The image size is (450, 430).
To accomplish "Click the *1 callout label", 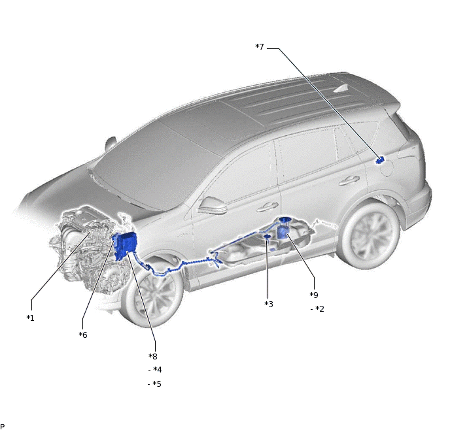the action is [x=30, y=318].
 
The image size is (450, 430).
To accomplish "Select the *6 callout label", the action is [x=83, y=335].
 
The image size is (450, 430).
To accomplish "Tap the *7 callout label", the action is [x=260, y=47].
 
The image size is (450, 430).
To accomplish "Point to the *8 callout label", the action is [x=153, y=356].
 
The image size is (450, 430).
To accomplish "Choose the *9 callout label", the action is [x=314, y=295].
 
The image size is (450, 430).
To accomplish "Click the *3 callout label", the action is [x=269, y=304].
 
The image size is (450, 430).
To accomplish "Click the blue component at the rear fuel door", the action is [x=380, y=161].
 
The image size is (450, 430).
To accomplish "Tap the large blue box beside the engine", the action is [x=125, y=246].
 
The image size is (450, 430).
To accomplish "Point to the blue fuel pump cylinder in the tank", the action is [x=283, y=228].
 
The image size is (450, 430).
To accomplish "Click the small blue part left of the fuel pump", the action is [x=268, y=236].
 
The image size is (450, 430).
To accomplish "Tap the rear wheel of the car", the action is [x=369, y=235].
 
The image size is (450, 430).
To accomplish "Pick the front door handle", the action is [x=267, y=207].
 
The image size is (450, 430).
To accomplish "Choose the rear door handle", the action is [x=349, y=180].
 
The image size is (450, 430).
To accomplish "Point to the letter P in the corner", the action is [x=3, y=427].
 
